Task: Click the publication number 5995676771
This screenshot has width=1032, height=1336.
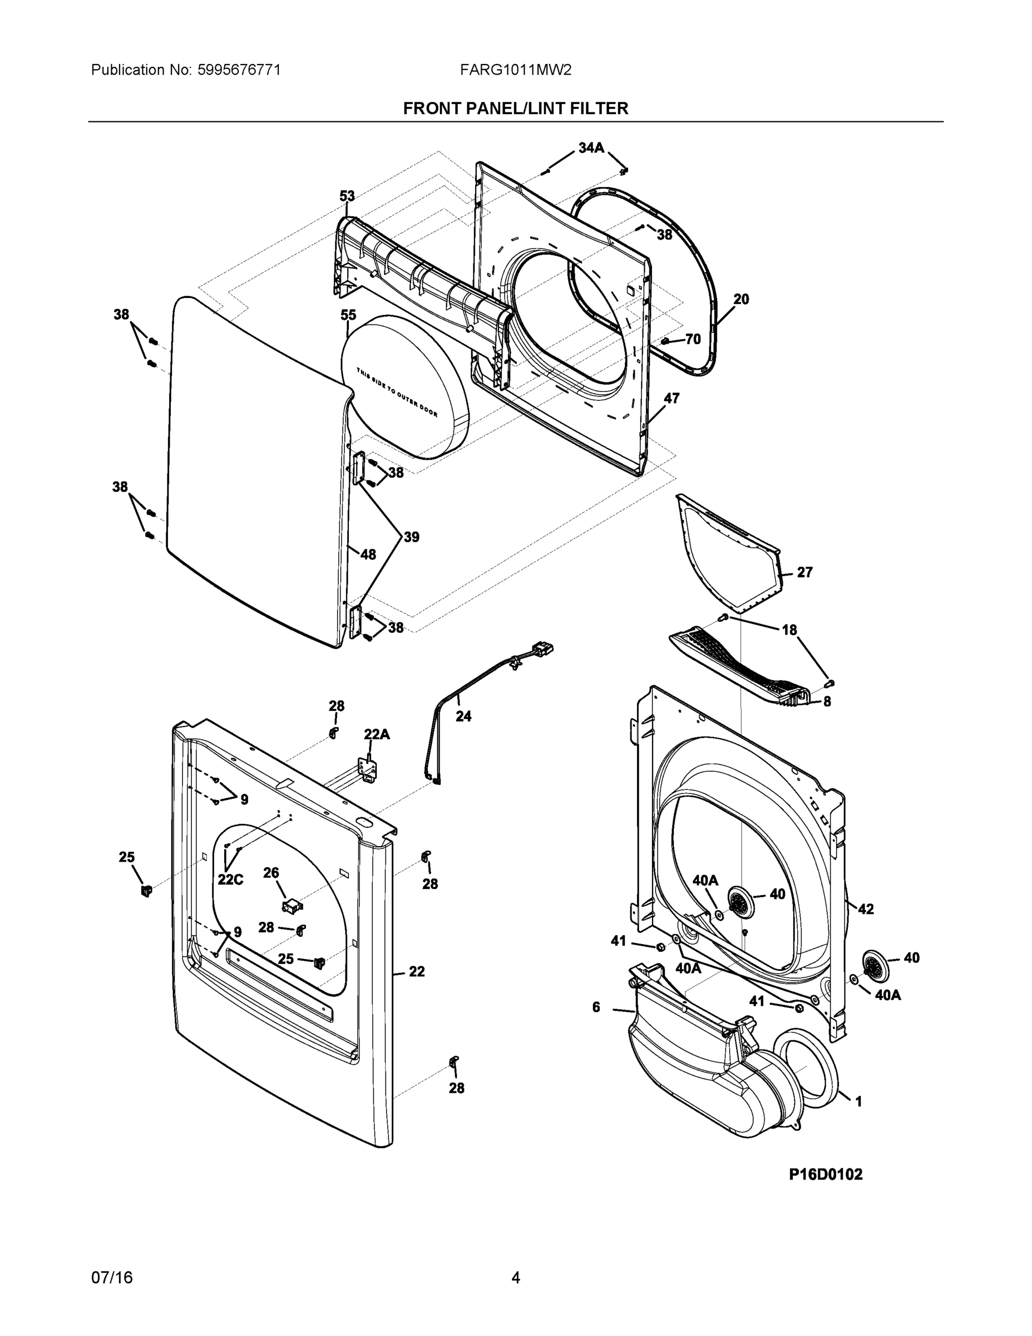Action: pos(239,70)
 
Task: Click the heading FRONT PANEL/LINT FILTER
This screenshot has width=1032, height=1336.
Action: pos(515,109)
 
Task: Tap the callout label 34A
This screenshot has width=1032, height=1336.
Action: pos(591,148)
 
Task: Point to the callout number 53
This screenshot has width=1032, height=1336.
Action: pos(347,197)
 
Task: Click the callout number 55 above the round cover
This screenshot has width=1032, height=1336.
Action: pos(348,315)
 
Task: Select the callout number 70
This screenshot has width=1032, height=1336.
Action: pos(693,339)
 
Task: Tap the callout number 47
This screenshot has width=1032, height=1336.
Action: pos(671,398)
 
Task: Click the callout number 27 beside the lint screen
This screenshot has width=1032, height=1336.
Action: pos(804,572)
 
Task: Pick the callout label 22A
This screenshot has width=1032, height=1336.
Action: pos(377,734)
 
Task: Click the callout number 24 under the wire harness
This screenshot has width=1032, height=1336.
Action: pos(463,716)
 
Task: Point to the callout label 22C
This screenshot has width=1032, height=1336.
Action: pos(230,880)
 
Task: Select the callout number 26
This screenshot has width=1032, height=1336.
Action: pos(271,872)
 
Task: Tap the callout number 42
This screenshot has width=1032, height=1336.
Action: pos(866,909)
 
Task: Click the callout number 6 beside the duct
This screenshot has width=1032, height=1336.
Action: pos(596,1007)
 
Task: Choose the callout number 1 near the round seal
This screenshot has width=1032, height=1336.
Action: pos(858,1102)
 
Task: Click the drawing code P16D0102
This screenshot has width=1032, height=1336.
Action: pos(826,1175)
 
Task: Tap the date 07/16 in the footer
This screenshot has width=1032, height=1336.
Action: pos(112,1278)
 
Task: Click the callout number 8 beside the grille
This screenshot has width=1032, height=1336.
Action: pos(827,701)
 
